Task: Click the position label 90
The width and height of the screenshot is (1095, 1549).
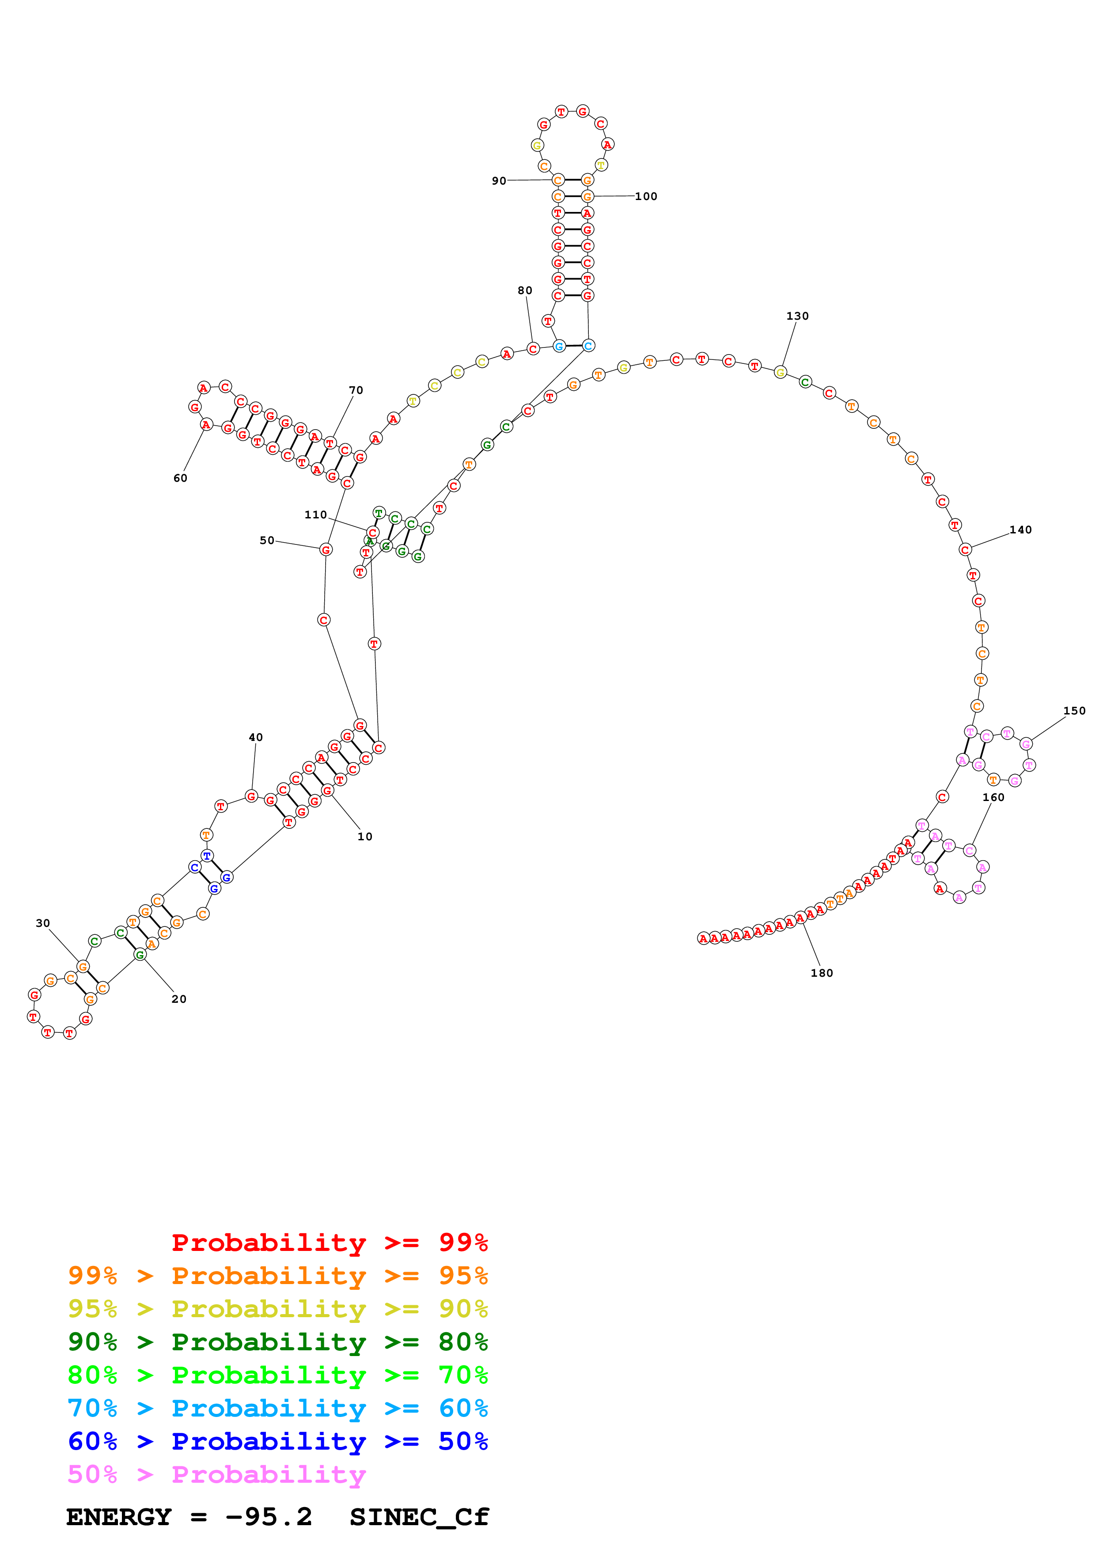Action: tap(499, 181)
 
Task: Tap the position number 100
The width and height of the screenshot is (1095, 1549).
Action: tap(646, 196)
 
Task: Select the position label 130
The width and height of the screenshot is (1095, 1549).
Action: tap(797, 316)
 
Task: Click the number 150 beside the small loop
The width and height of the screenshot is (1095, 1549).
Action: tap(1074, 710)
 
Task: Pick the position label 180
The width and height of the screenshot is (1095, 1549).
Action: tap(821, 973)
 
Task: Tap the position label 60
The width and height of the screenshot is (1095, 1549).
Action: tap(180, 478)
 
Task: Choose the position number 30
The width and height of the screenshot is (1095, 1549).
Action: tap(42, 923)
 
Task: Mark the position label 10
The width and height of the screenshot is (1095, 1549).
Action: tap(364, 837)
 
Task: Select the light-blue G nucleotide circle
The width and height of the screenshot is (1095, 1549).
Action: tap(559, 346)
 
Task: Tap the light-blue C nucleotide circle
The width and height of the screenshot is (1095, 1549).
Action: tap(588, 345)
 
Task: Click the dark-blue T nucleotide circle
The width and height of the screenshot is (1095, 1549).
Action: tap(207, 855)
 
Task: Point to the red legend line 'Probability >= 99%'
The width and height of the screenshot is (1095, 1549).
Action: tap(329, 1243)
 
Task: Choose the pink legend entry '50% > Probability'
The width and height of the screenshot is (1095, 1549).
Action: tap(216, 1474)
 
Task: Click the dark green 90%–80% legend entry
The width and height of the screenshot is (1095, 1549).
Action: tap(277, 1342)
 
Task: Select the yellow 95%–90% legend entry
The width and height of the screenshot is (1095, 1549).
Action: tap(277, 1309)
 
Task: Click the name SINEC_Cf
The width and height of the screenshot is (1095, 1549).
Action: tap(419, 1517)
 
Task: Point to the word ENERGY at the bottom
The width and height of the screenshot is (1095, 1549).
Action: tap(119, 1517)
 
